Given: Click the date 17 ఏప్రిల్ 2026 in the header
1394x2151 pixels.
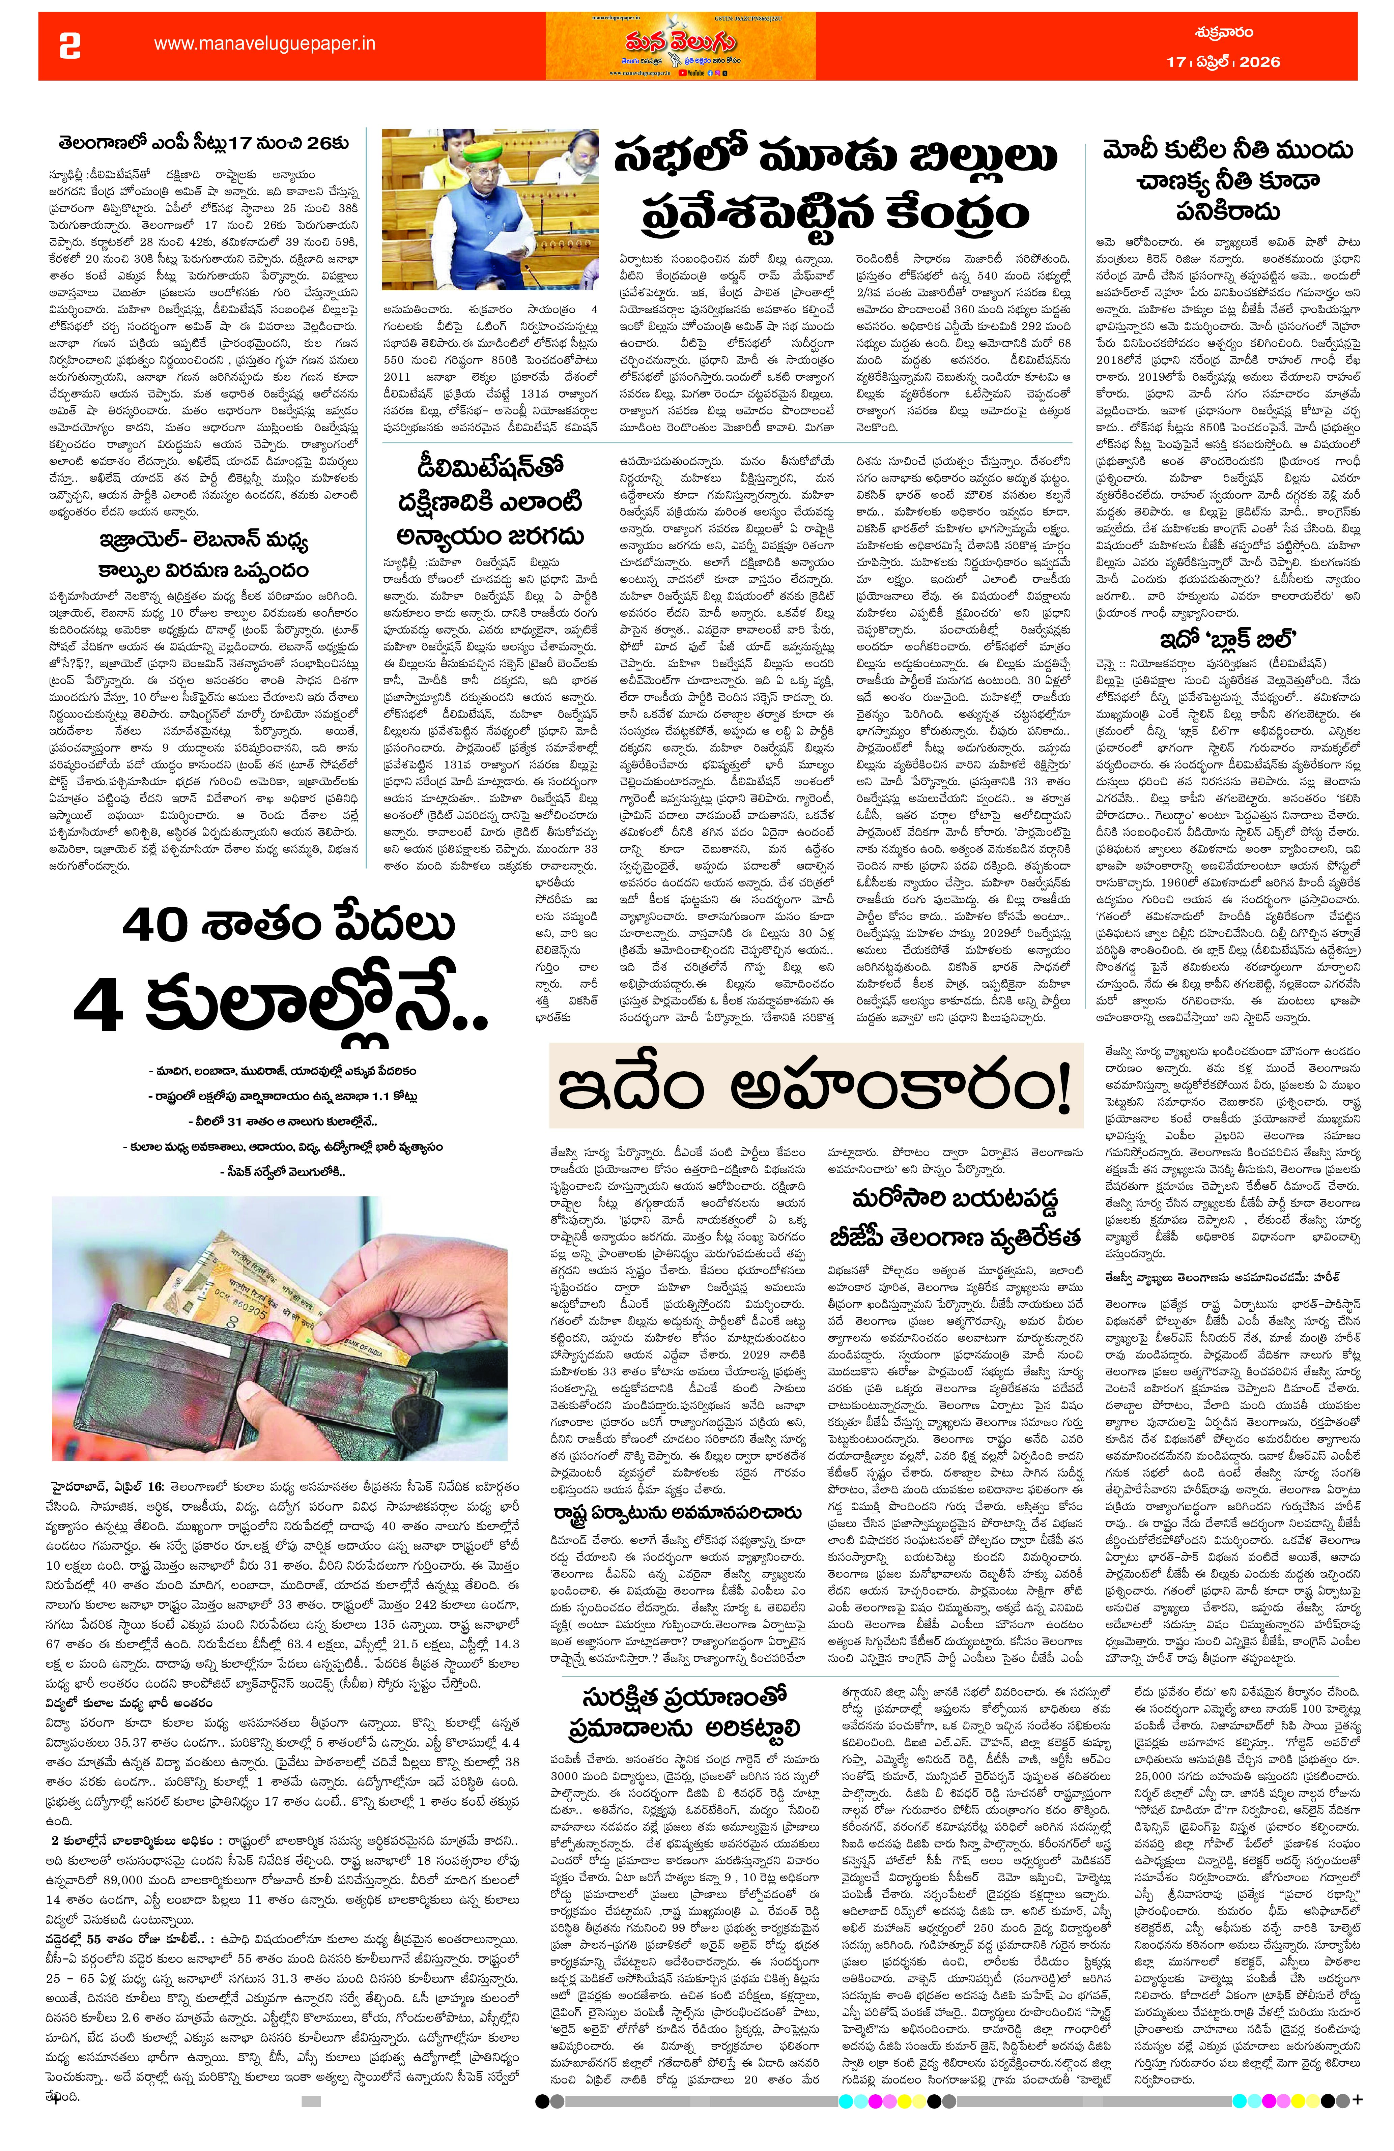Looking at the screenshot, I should pyautogui.click(x=1222, y=61).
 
